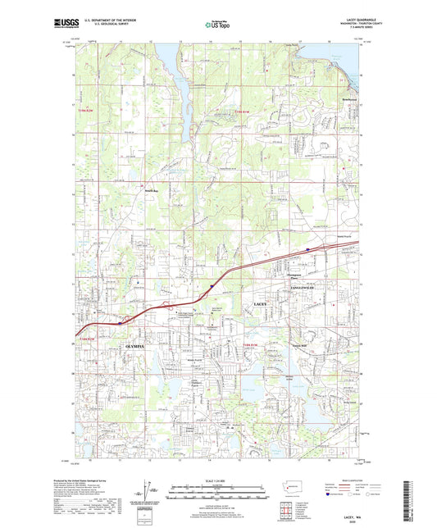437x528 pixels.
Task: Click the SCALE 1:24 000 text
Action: coord(217,480)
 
